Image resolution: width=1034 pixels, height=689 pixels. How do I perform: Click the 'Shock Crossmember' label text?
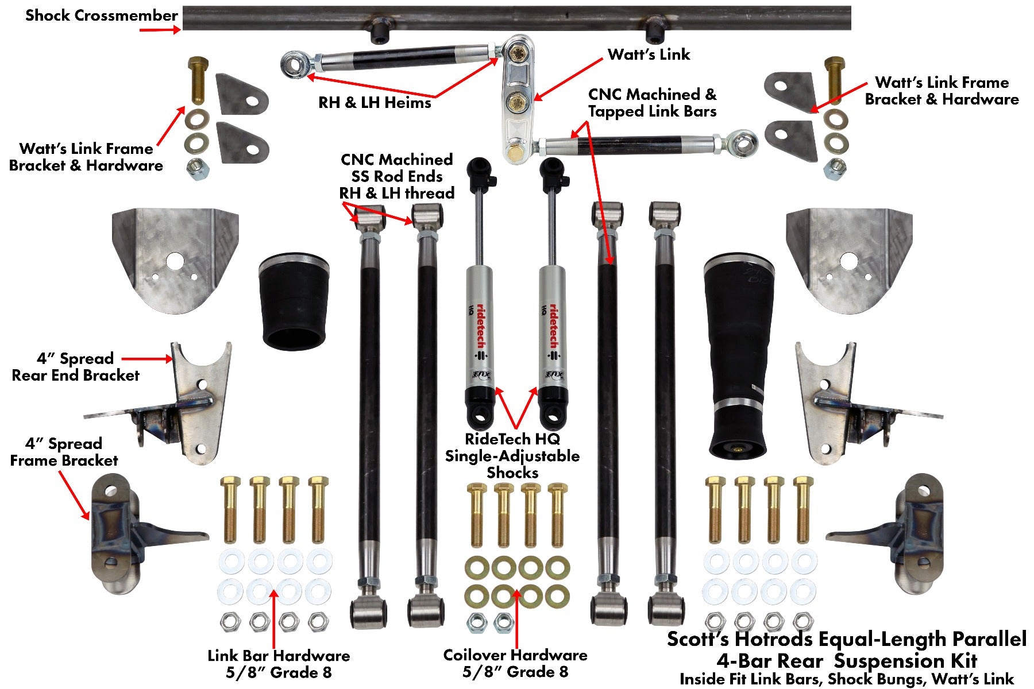101,16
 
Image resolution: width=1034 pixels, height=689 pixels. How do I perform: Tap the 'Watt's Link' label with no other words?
649,55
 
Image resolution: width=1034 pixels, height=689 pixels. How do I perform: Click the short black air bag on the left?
294,301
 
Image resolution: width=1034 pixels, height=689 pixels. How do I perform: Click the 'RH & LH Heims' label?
375,103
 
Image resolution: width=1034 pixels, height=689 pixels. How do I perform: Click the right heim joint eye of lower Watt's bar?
744,142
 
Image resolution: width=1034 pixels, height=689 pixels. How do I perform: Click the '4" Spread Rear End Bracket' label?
75,367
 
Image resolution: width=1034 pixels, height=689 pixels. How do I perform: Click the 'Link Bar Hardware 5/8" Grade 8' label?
279,664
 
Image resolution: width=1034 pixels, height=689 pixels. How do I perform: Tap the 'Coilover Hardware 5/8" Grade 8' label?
515,663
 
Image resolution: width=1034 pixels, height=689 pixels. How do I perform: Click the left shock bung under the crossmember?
379,34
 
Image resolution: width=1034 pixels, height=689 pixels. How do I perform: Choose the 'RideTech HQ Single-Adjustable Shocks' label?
512,456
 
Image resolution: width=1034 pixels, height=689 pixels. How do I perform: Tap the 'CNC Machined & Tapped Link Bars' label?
652,103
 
